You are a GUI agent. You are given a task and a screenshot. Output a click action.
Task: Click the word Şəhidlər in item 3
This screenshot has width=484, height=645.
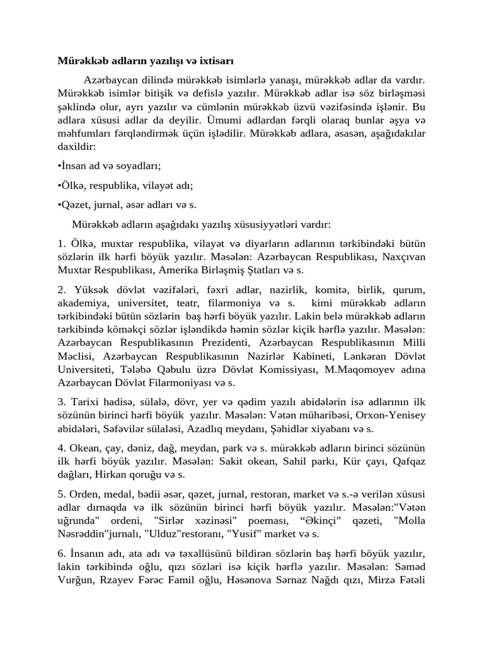pos(284,428)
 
